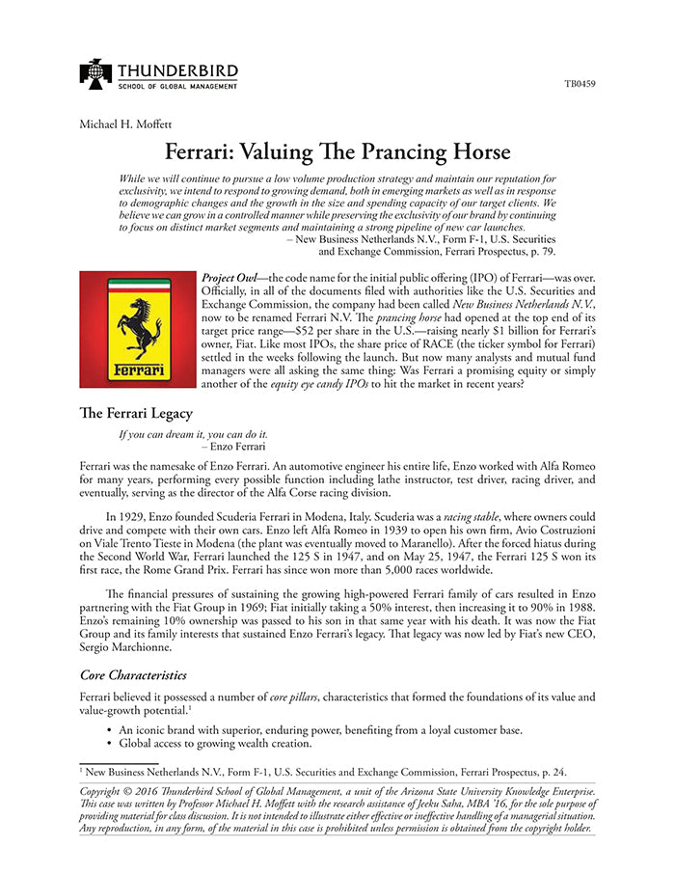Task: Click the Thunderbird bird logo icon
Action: (x=96, y=73)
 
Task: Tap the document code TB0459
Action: (x=580, y=84)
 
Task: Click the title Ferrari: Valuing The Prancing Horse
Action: (x=337, y=152)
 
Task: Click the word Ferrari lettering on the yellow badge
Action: (x=138, y=369)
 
